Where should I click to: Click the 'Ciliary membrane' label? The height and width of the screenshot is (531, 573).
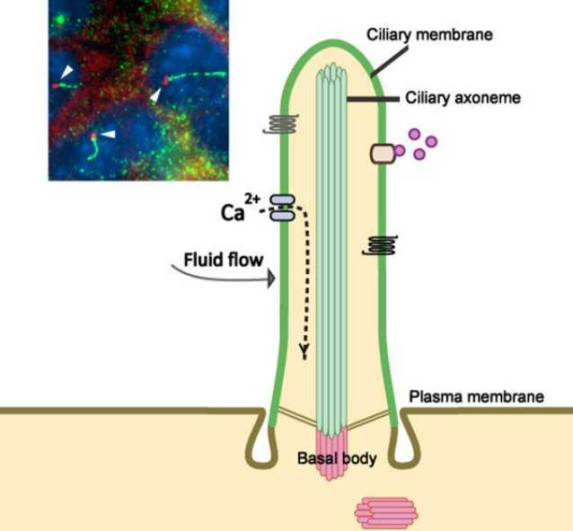430,34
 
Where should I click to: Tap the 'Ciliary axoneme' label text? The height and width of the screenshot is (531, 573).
463,97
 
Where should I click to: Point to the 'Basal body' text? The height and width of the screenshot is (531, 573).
336,459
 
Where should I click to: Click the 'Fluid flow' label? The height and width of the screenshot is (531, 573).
224,260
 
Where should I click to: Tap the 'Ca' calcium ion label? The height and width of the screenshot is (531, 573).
234,212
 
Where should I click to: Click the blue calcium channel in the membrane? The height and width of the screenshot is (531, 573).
281,208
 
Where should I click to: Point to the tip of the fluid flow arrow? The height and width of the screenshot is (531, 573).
272,279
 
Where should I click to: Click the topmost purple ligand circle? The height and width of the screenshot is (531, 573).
414,135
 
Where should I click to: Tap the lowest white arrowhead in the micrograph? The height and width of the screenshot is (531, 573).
108,134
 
